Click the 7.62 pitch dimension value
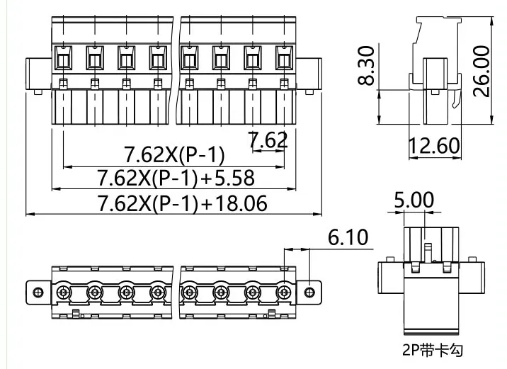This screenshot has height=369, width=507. pos(268,140)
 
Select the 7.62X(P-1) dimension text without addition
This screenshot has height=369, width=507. pos(174,154)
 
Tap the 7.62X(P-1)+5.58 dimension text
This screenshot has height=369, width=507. pos(175,178)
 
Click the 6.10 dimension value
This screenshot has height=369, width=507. pos(348,237)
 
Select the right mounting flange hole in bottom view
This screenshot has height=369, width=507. pos(309,291)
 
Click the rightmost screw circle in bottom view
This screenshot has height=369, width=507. pos(283,291)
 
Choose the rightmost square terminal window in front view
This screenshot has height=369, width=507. pos(284,55)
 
